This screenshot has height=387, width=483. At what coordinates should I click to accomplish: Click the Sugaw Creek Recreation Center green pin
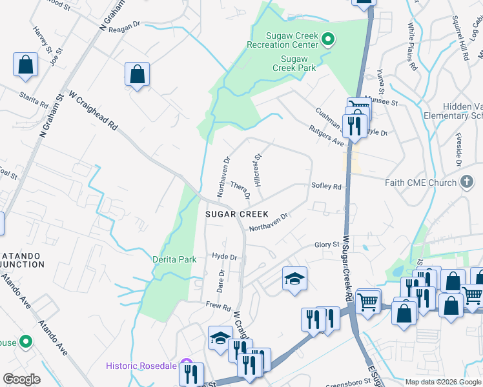328,40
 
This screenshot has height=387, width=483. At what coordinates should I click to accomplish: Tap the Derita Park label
174,259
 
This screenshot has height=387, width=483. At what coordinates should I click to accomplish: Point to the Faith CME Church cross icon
467,183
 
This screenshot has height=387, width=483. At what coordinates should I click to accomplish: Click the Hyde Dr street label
225,256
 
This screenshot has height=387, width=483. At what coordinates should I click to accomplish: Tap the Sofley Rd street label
325,186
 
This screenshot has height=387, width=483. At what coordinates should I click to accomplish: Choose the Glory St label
327,244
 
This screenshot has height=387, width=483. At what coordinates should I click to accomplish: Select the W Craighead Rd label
93,110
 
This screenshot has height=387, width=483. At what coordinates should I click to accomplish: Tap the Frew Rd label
218,305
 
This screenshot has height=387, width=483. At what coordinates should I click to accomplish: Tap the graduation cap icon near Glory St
294,278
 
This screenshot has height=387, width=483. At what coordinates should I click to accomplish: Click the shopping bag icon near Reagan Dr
138,74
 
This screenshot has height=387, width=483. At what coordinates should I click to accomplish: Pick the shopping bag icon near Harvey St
25,64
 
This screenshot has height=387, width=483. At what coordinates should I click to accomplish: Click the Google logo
21,379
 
